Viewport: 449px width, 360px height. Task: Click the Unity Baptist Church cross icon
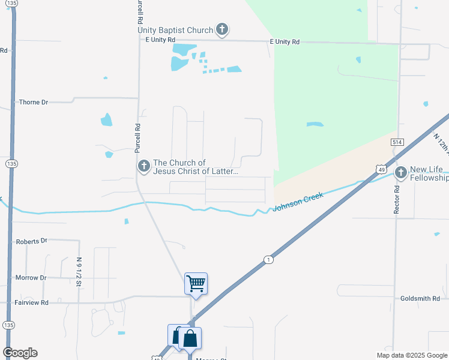[x=222, y=29]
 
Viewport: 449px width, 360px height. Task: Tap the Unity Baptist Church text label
[x=175, y=30]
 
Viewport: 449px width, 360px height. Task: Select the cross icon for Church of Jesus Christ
[x=143, y=166]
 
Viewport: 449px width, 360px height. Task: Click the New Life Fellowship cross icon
[x=401, y=173]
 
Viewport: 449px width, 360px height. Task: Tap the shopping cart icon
[x=196, y=283]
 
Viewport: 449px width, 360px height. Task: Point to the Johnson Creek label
[x=298, y=202]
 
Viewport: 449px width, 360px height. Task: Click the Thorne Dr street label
[x=33, y=103]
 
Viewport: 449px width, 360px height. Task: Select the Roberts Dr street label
[x=31, y=241]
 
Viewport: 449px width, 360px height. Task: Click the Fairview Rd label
[x=32, y=303]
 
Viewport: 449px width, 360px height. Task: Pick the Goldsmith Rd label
[x=420, y=298]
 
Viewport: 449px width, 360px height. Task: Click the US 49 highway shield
[x=381, y=170]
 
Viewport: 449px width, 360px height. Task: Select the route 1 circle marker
[x=268, y=259]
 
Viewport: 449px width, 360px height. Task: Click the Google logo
[x=20, y=353]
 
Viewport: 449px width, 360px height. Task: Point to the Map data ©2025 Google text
[x=411, y=355]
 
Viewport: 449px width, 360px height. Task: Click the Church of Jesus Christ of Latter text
[x=196, y=167]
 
